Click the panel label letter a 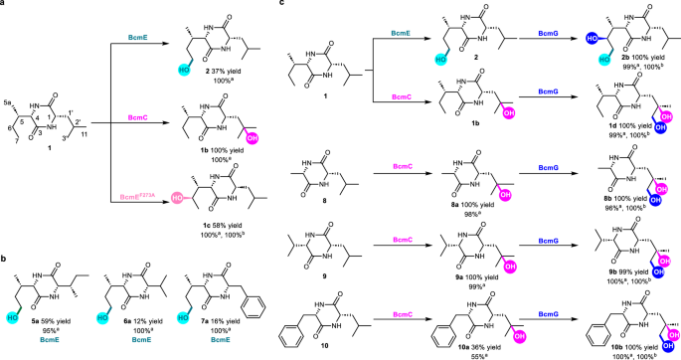(4, 5)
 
